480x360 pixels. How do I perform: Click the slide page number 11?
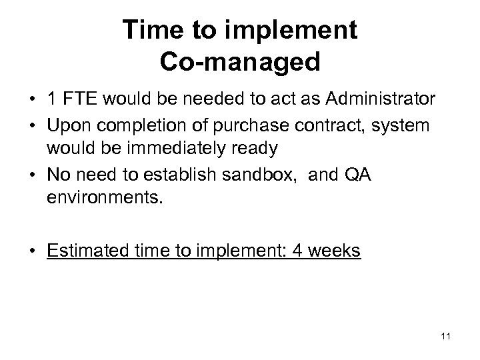coord(446,335)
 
